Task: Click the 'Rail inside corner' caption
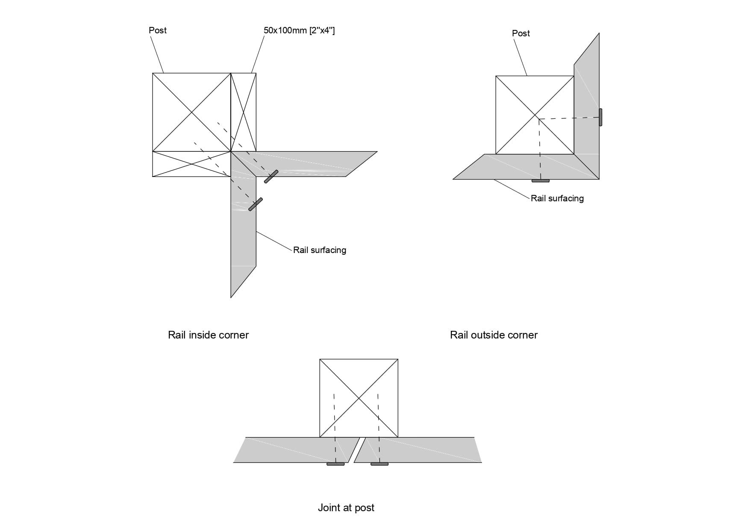point(208,335)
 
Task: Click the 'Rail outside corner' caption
point(494,335)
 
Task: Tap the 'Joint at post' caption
point(346,508)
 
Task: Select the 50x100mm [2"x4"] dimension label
point(299,30)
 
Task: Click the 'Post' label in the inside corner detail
point(157,30)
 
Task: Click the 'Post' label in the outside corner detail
point(521,33)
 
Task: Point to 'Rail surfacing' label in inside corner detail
point(319,250)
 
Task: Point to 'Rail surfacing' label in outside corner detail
point(557,198)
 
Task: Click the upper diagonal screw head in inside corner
point(271,177)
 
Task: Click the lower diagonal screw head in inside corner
point(255,204)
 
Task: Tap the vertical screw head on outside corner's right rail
point(600,117)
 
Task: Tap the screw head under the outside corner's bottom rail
point(540,181)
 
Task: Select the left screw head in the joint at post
point(335,464)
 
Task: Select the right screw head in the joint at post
point(379,464)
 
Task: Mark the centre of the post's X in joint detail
point(359,398)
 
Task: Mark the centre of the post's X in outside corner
point(535,115)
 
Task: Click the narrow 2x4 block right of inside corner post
point(243,112)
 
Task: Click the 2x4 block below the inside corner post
point(191,164)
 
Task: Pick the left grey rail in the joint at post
point(291,450)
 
